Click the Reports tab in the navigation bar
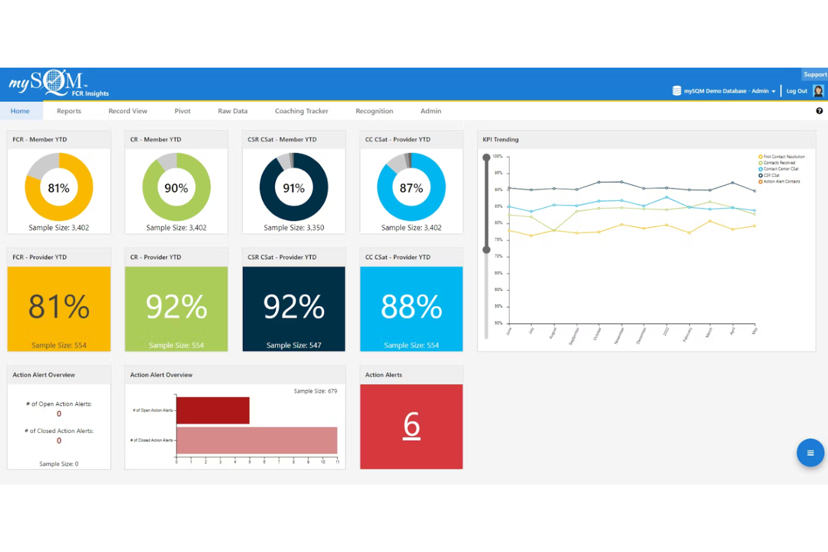(69, 111)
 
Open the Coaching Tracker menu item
(301, 111)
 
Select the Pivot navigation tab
(182, 111)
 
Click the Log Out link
(796, 91)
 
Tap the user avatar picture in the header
(818, 91)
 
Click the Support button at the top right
(815, 74)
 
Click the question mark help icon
(819, 111)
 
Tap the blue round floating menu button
(810, 452)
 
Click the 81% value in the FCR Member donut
(59, 188)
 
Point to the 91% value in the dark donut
(294, 188)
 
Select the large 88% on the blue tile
(411, 306)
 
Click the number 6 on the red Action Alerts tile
(411, 425)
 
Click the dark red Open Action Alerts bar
(213, 410)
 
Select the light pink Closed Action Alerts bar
(257, 440)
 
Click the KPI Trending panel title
(501, 139)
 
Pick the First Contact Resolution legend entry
(783, 157)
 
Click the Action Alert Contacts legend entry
(781, 181)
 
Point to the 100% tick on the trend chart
(497, 156)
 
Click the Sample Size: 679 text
(316, 391)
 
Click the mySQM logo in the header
(56, 83)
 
